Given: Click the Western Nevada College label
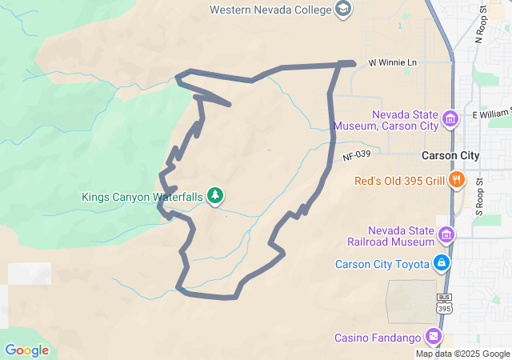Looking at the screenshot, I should coord(270,10).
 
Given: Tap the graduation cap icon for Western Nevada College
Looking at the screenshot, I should coord(343,10).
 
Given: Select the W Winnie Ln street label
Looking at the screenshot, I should coord(393,62).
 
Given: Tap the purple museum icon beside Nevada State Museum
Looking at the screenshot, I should coord(450,119).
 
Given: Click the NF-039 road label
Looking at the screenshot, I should coord(358,157).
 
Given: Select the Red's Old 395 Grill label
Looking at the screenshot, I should coord(399,180).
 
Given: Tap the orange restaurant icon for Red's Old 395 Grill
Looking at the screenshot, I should coord(457,179).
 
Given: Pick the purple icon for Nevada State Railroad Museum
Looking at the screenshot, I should coord(446,235).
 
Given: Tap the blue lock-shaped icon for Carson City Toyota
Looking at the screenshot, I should coord(441,262).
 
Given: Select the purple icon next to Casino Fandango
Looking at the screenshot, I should coord(434,336).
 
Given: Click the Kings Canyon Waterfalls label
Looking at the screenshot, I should coord(142,196).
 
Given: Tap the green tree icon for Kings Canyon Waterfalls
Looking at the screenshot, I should coord(214,195).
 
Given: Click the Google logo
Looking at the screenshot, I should coord(26,350).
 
